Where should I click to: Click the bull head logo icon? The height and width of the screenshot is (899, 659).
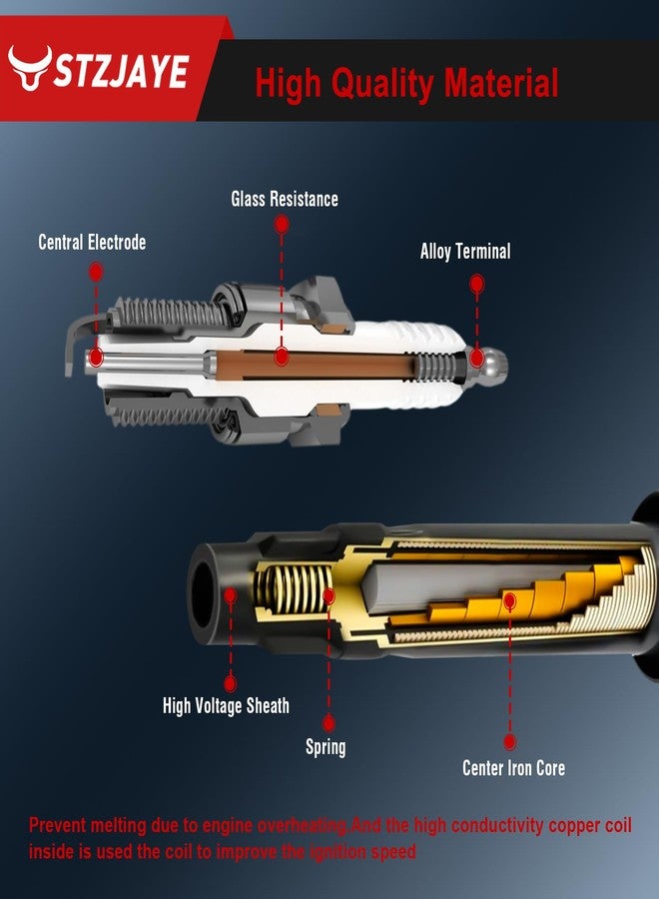tap(30, 67)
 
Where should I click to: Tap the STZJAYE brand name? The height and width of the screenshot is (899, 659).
tap(122, 72)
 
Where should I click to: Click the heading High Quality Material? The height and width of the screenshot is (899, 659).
tap(406, 84)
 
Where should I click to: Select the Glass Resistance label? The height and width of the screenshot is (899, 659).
tap(285, 199)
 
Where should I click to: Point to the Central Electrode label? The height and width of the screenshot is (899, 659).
tap(92, 242)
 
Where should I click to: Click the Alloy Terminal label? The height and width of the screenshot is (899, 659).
tap(465, 251)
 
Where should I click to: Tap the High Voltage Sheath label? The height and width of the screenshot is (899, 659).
tap(226, 706)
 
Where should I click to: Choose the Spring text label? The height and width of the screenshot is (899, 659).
tap(326, 747)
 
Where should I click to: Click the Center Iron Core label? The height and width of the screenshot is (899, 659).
tap(513, 768)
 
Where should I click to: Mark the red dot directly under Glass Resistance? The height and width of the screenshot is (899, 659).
tap(282, 224)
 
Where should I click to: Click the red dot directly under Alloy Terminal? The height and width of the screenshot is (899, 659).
tap(476, 284)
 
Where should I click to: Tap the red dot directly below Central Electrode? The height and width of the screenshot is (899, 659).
tap(96, 272)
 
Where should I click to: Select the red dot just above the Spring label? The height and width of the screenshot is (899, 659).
tap(329, 723)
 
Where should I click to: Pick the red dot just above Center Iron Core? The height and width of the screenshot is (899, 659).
tap(509, 742)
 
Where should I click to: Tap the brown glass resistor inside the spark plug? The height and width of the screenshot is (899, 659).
tap(315, 365)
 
